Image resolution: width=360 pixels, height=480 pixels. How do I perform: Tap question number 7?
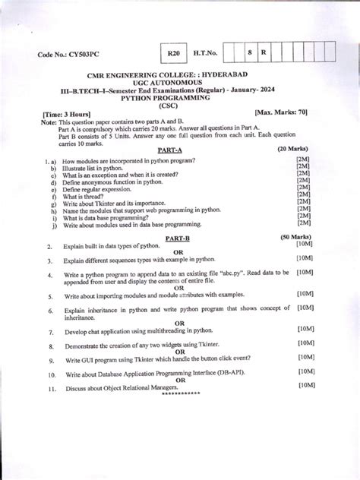pos(49,333)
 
